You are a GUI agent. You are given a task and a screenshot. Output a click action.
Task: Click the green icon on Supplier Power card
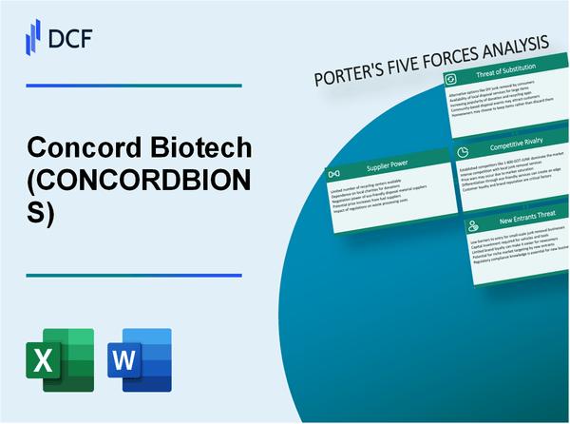point(333,174)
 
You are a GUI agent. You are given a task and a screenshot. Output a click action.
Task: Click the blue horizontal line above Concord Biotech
point(133,87)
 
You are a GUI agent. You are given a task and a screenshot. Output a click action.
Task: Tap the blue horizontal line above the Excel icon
point(133,276)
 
